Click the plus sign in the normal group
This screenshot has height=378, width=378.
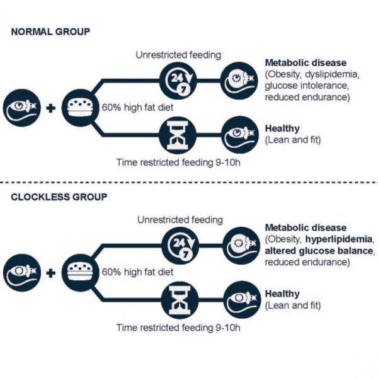pyautogui.click(x=51, y=107)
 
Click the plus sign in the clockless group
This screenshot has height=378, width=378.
pyautogui.click(x=51, y=272)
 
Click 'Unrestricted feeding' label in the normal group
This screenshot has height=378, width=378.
pyautogui.click(x=178, y=55)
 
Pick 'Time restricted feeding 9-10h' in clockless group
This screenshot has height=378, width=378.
pyautogui.click(x=179, y=328)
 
